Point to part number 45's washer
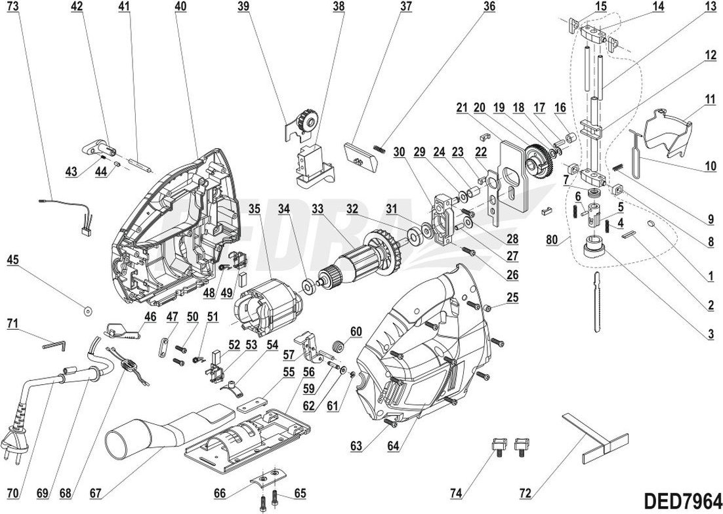pos(87,309)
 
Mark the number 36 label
pos(489,7)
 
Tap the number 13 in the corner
pos(711,7)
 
